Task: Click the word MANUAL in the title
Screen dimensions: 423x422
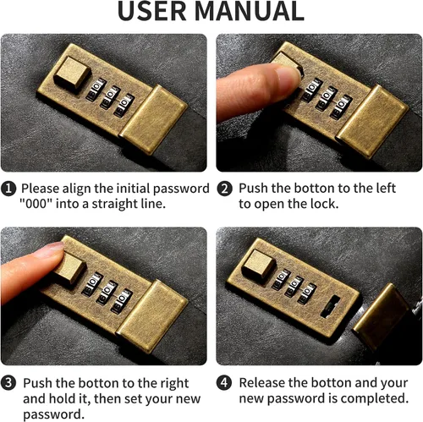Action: [250, 11]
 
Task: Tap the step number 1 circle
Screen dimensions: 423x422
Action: [8, 189]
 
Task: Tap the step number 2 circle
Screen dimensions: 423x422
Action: [225, 189]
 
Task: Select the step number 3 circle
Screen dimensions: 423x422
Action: [8, 383]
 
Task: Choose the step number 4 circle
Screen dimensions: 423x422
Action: [224, 383]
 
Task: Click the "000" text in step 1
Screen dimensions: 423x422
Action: [36, 204]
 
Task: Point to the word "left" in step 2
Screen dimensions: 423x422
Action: [383, 188]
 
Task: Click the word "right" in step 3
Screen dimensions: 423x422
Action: [174, 384]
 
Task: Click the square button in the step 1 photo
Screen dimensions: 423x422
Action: [73, 72]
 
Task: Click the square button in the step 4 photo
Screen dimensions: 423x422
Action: [258, 264]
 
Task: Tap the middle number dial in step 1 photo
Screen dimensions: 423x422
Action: [110, 97]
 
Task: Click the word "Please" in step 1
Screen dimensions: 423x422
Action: [40, 189]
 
